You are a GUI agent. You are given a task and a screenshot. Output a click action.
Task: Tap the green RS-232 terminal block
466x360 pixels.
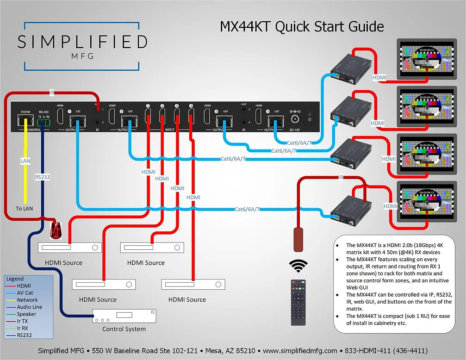[43, 122]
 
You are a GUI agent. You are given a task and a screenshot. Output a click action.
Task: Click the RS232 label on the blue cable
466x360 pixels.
[43, 176]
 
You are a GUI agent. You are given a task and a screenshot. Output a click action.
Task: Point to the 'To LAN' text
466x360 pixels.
[25, 209]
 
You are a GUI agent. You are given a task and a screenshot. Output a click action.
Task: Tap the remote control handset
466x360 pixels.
[298, 302]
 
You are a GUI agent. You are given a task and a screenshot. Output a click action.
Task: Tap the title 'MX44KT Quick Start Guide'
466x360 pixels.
[302, 26]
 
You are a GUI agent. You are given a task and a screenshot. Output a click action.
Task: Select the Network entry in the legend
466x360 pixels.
[27, 300]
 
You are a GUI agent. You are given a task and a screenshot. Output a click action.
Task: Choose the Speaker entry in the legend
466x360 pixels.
[26, 314]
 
